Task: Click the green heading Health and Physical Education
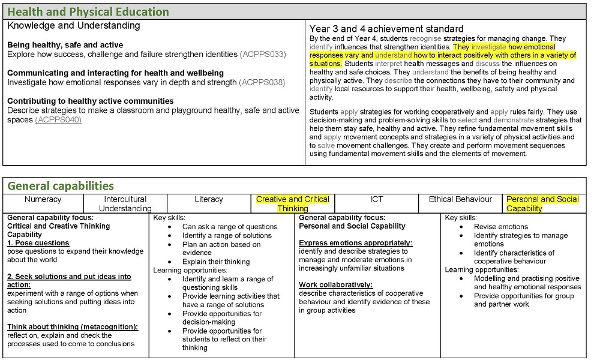pos(88,12)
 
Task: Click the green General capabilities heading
pos(61,185)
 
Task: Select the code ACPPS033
pos(263,55)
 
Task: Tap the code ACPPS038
pos(262,82)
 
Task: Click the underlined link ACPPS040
pos(58,120)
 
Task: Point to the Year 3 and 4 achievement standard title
pos(386,29)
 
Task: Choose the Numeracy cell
pos(43,199)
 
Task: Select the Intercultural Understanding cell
pos(125,204)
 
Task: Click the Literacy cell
pos(209,199)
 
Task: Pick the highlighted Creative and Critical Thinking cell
pos(293,204)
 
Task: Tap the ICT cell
pos(376,199)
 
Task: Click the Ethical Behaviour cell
pos(460,199)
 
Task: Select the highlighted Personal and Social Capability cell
pos(542,204)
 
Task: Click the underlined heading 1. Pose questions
pos(38,243)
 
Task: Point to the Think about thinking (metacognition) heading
pos(73,327)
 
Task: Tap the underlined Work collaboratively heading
pos(336,285)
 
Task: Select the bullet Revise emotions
pos(501,227)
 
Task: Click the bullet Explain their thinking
pos(216,262)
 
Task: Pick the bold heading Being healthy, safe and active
pos(65,45)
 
